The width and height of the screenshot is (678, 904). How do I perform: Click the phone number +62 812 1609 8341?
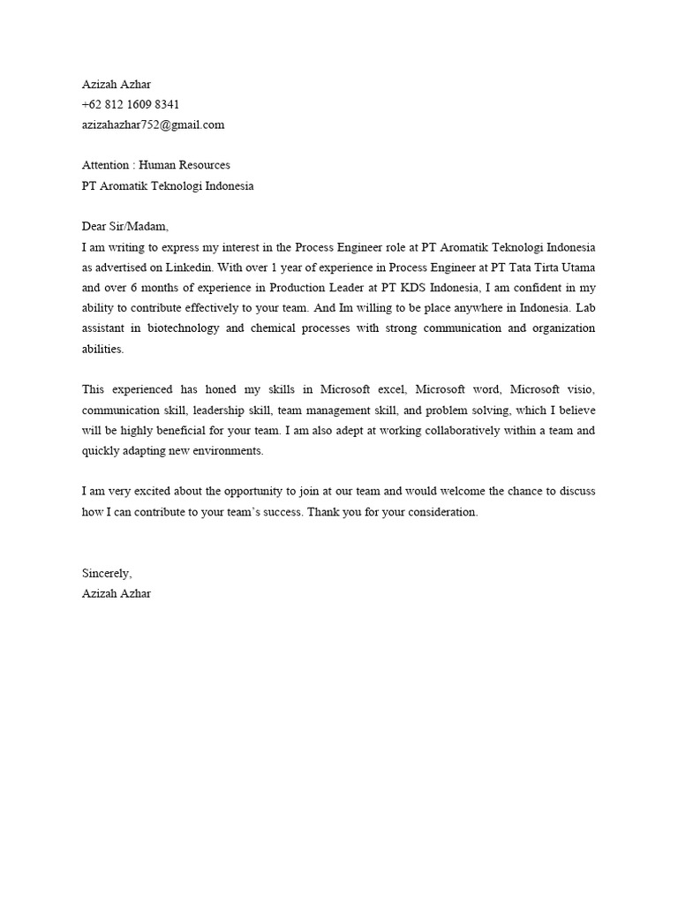click(x=131, y=105)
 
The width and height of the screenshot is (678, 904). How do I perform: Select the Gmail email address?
click(x=153, y=125)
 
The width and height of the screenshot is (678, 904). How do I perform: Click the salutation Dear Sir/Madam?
click(x=124, y=226)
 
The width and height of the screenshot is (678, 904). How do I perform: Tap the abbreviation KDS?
click(x=414, y=288)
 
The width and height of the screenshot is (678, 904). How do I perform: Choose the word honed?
click(x=226, y=389)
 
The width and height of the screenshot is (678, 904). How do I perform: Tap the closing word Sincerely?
click(x=107, y=574)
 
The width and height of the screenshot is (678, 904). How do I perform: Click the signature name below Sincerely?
click(x=117, y=594)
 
